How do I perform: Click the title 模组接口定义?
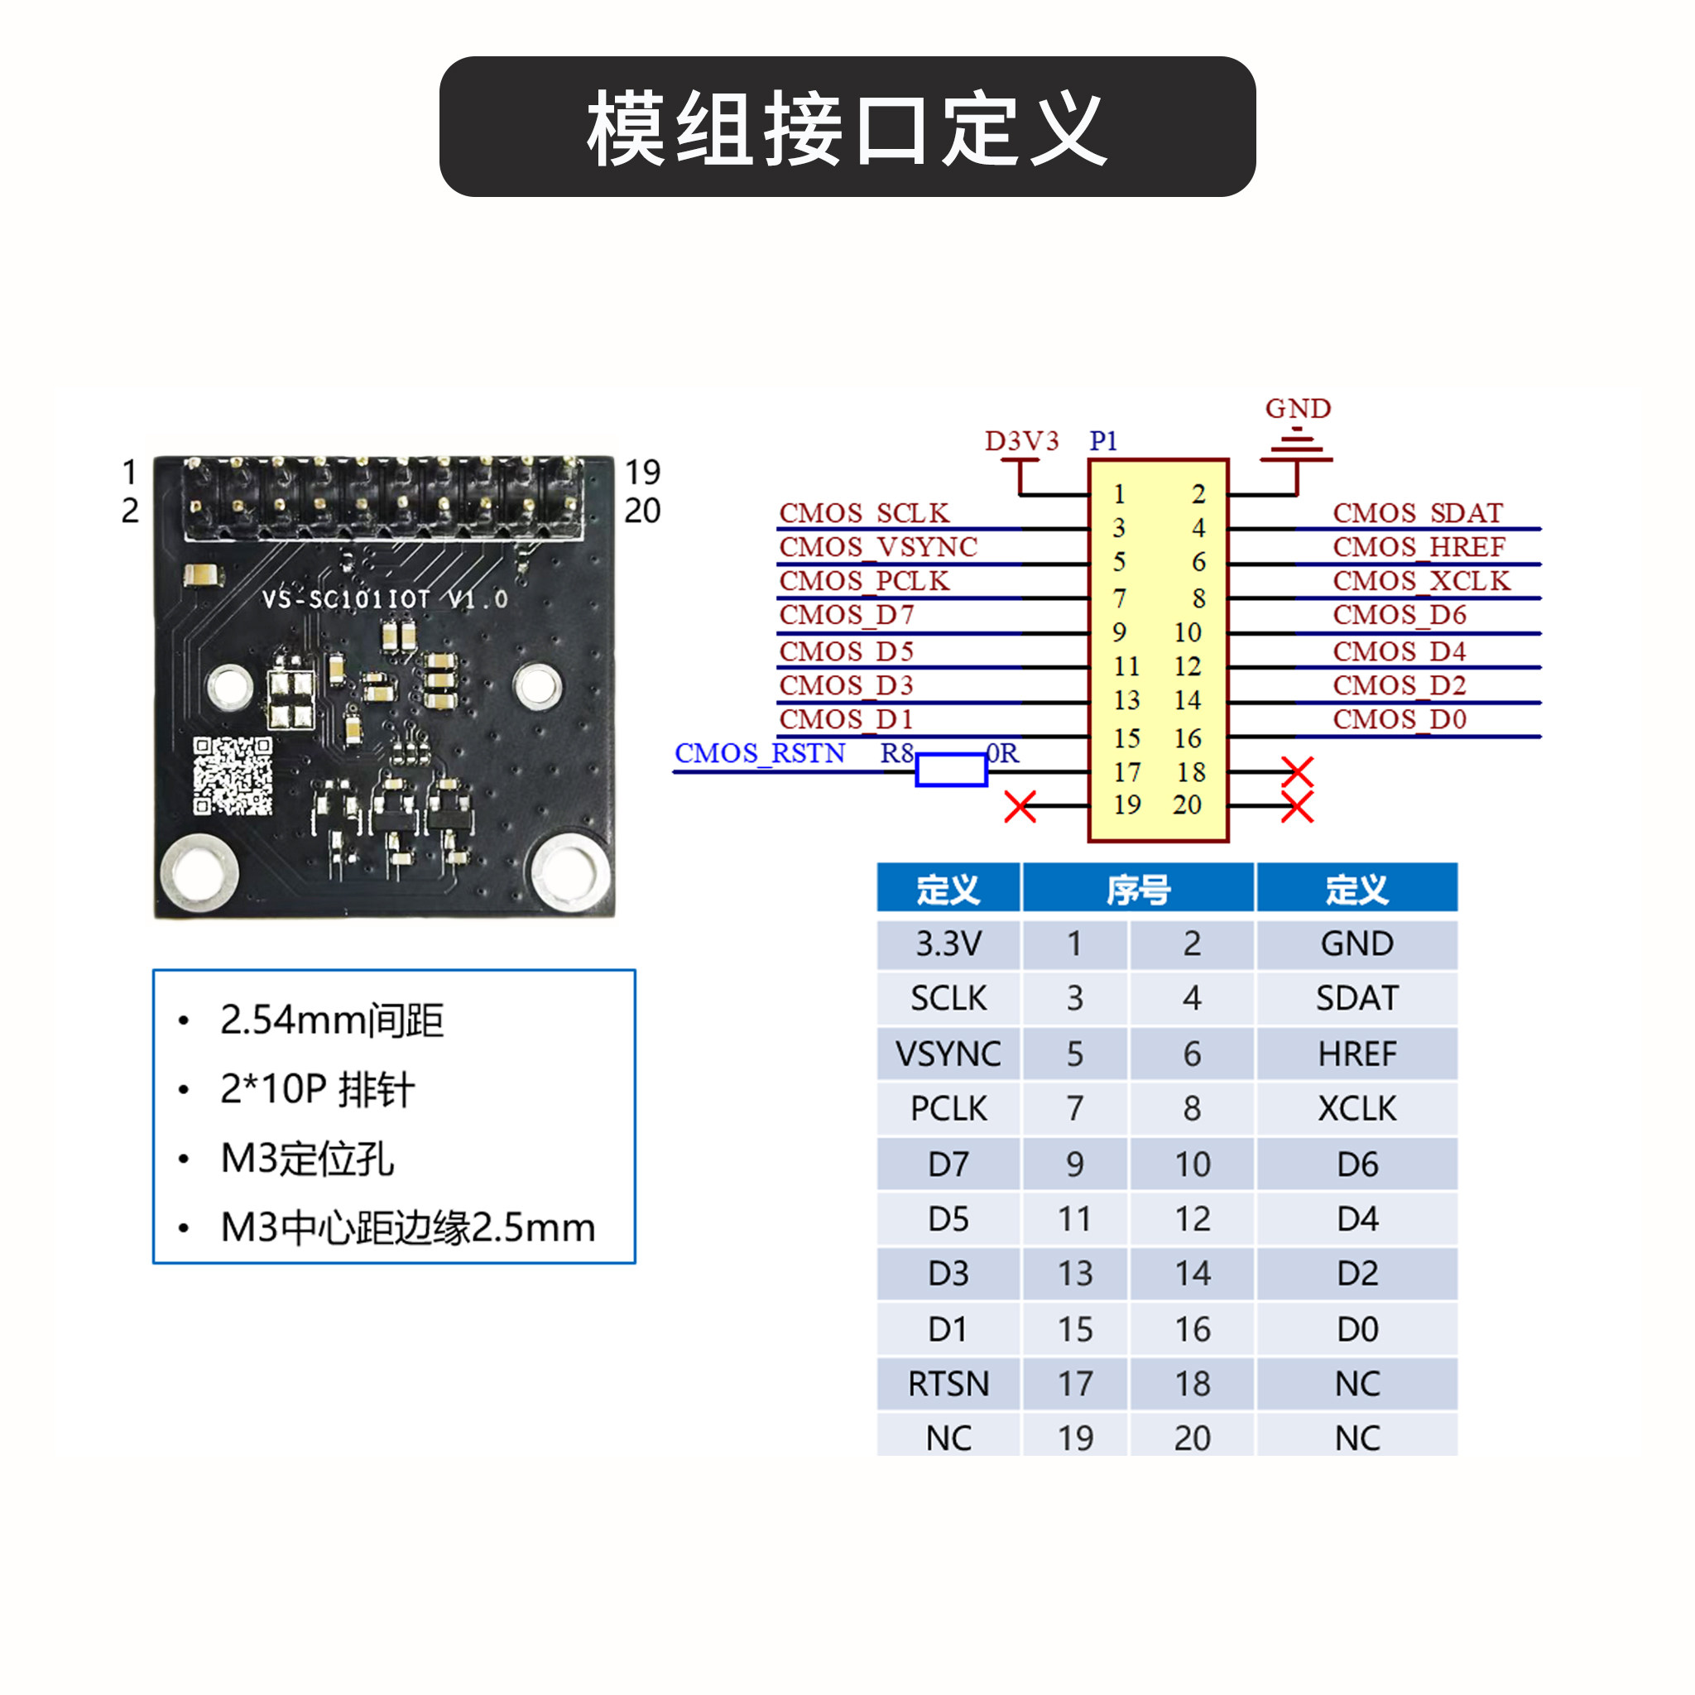(x=847, y=128)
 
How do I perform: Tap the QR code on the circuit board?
(x=233, y=775)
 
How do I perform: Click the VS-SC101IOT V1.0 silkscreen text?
(x=385, y=599)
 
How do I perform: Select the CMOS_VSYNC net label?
(x=878, y=546)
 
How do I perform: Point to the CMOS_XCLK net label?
(x=1421, y=581)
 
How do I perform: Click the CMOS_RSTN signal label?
(x=760, y=753)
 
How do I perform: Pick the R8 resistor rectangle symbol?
(x=951, y=770)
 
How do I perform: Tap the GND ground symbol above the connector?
(x=1297, y=446)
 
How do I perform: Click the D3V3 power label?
(x=1021, y=440)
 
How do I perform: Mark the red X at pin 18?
(x=1297, y=772)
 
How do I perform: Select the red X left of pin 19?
(x=1020, y=806)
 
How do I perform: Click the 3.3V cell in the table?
(x=948, y=944)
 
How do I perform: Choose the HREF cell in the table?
(x=1356, y=1054)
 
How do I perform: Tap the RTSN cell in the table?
(x=948, y=1384)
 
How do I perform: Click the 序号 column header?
(x=1138, y=890)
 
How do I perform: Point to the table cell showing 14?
(x=1193, y=1273)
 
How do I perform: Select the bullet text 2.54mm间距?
(x=332, y=1020)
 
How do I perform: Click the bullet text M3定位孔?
(x=308, y=1158)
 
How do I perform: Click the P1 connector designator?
(x=1102, y=440)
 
